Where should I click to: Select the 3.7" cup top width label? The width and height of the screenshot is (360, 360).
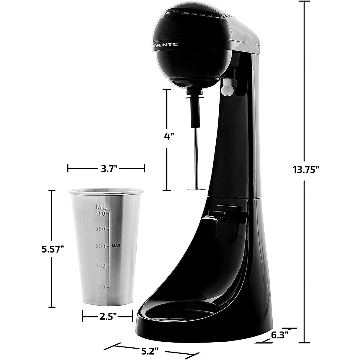(107, 168)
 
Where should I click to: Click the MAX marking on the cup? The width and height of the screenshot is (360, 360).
(116, 246)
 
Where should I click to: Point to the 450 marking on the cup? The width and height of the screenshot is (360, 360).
(100, 214)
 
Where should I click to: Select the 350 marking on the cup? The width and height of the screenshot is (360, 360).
(100, 229)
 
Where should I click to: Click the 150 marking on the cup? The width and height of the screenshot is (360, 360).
(100, 266)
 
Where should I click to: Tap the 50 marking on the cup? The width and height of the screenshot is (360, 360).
(102, 287)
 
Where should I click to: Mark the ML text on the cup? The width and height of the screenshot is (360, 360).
(101, 207)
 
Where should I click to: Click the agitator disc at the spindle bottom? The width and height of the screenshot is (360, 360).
(196, 189)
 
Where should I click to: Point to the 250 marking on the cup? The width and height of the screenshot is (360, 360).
(100, 246)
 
